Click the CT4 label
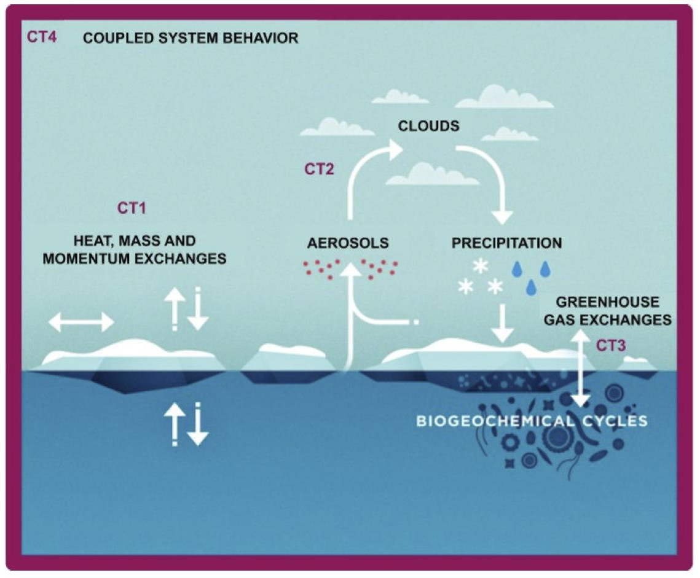click(x=42, y=37)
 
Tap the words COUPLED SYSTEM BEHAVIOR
click(x=191, y=38)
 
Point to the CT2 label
click(x=320, y=169)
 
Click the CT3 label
click(x=611, y=345)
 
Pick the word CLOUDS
click(x=429, y=127)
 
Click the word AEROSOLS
click(x=348, y=243)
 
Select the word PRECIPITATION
click(x=507, y=243)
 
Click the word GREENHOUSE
click(x=607, y=302)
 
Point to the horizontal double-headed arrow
click(x=81, y=322)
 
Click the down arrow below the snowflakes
click(x=503, y=322)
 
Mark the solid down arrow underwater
click(x=198, y=426)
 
